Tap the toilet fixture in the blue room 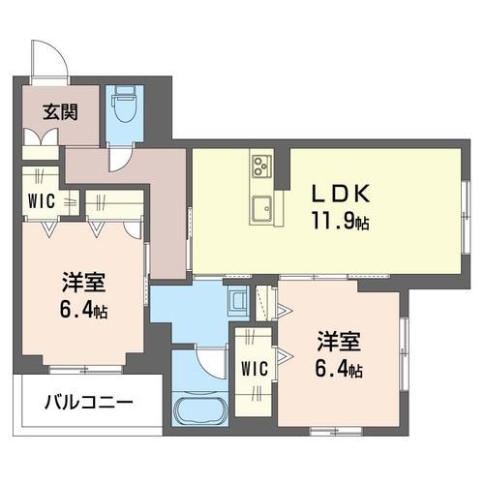(x=123, y=106)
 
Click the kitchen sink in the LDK (x=262, y=206)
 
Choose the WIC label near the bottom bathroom (x=256, y=369)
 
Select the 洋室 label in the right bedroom (x=339, y=343)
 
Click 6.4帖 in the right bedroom (x=340, y=371)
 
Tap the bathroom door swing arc (x=210, y=360)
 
